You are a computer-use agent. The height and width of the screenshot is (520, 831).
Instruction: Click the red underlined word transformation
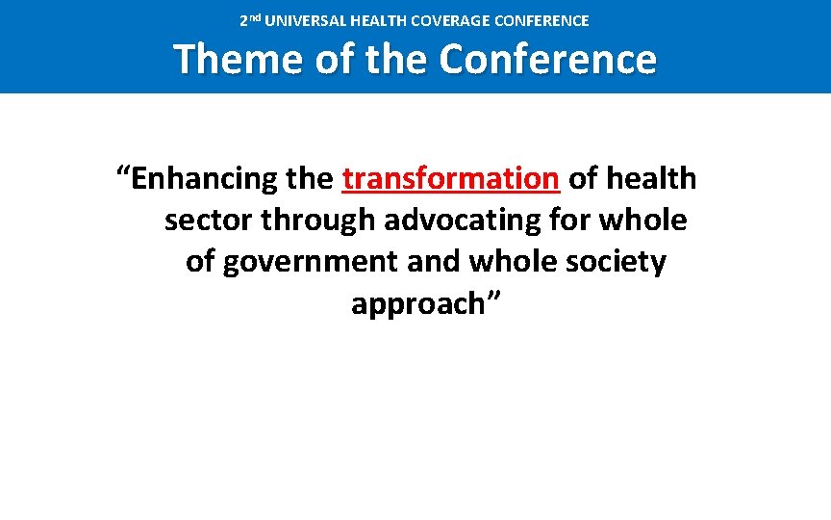coord(450,179)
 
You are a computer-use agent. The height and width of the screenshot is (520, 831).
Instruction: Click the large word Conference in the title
coord(548,60)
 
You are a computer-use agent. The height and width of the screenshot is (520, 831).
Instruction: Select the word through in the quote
coord(317,221)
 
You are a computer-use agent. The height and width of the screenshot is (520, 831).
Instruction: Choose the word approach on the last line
coord(412,304)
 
